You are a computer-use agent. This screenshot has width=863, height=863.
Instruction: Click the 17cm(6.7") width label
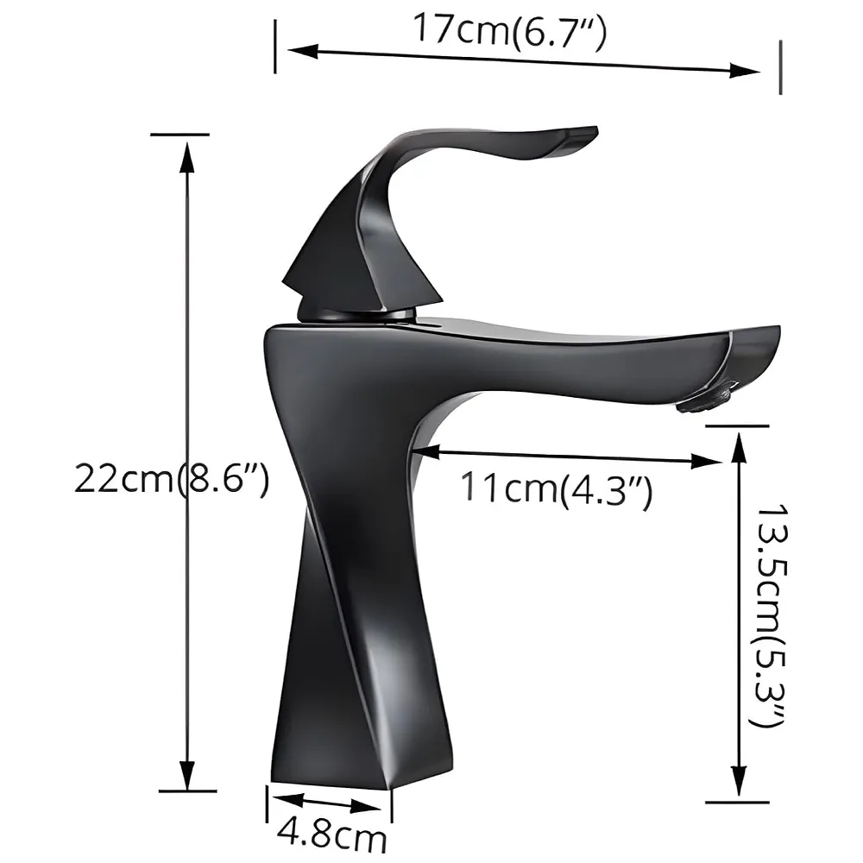pos(510,31)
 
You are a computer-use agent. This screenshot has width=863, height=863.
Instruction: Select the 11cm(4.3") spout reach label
pos(556,489)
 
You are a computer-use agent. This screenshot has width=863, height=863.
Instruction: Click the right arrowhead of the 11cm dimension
pos(711,462)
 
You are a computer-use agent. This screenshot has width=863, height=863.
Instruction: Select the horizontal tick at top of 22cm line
pos(180,135)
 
